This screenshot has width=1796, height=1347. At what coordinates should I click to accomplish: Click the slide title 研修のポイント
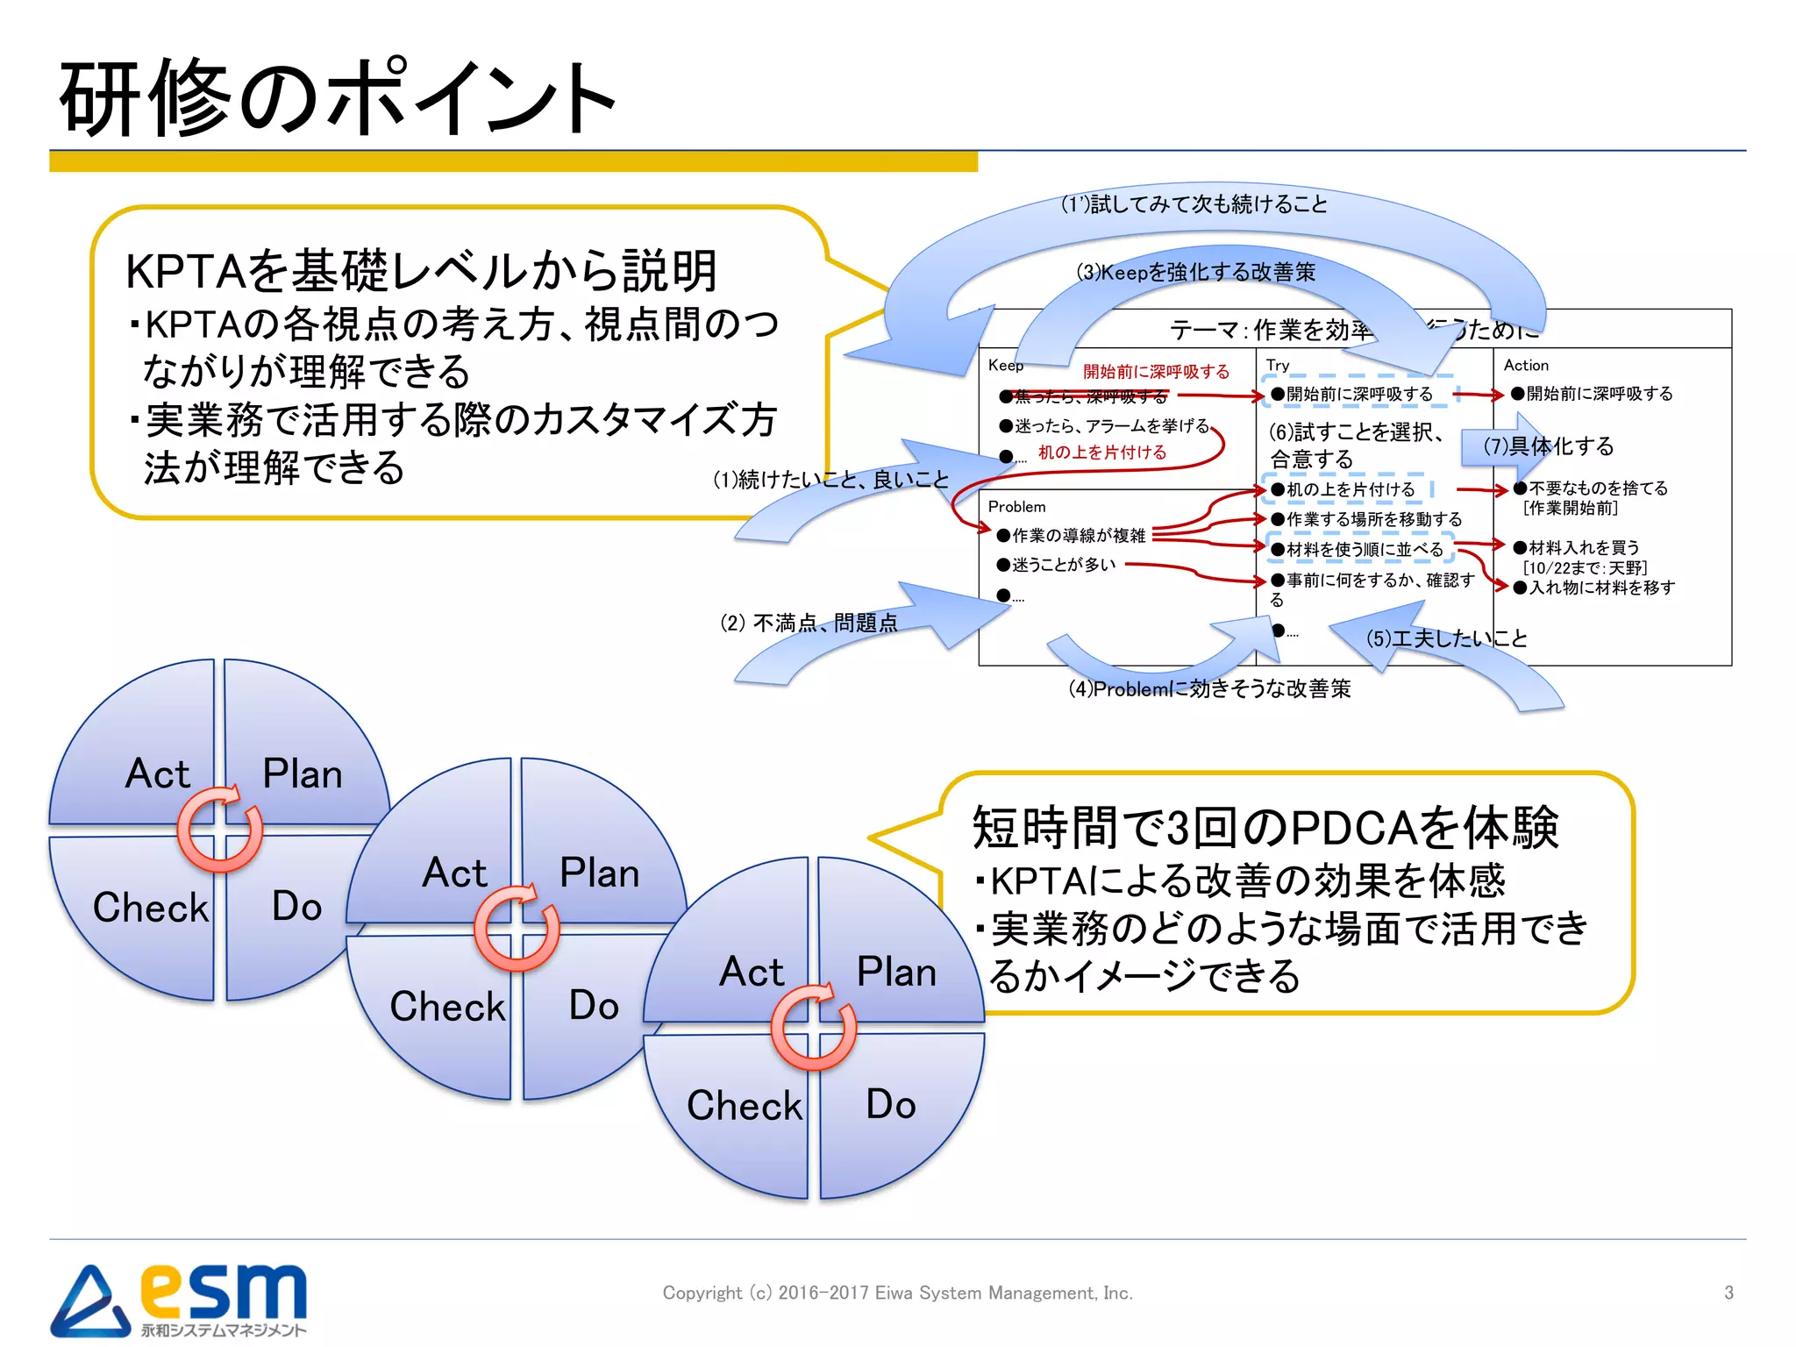click(x=338, y=98)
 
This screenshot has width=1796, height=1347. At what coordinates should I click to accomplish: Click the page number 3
click(x=1728, y=1293)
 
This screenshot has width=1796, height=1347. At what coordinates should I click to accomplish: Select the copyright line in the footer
click(x=897, y=1293)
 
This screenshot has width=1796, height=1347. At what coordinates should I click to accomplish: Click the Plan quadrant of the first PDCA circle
click(x=303, y=773)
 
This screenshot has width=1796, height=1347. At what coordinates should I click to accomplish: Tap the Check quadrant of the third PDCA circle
click(x=744, y=1105)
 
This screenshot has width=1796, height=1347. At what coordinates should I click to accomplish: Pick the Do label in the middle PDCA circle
click(x=594, y=1005)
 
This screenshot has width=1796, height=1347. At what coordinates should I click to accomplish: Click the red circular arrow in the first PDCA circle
click(x=220, y=830)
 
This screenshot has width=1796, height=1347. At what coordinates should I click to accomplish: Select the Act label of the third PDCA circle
click(x=751, y=972)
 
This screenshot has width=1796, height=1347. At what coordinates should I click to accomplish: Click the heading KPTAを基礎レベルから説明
click(x=421, y=270)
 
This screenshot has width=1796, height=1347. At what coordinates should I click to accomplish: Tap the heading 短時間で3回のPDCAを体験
click(x=1265, y=827)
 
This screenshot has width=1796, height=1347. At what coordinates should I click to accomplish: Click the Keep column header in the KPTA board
click(x=1005, y=365)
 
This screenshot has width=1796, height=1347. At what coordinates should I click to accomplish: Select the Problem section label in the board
click(x=1016, y=506)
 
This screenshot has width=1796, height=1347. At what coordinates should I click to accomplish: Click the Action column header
click(x=1526, y=365)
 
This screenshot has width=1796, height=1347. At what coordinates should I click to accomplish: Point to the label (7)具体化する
click(x=1548, y=445)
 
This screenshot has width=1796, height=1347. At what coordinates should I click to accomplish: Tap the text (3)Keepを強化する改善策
click(x=1195, y=272)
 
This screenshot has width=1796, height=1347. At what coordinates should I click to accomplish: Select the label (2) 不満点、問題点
click(x=809, y=623)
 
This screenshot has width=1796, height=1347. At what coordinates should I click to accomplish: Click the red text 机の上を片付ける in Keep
click(x=1102, y=453)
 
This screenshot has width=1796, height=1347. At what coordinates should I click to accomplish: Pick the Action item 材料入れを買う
click(x=1584, y=547)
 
